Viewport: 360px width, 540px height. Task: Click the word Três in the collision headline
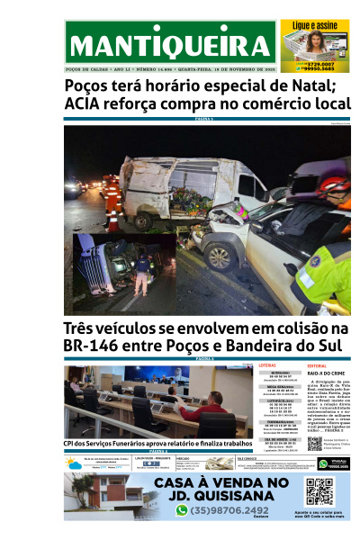[85, 329]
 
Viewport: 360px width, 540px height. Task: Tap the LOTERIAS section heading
[267, 366]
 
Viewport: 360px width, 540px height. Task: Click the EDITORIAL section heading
[317, 366]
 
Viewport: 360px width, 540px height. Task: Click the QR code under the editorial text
[314, 443]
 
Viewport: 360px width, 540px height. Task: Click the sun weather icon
[72, 463]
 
